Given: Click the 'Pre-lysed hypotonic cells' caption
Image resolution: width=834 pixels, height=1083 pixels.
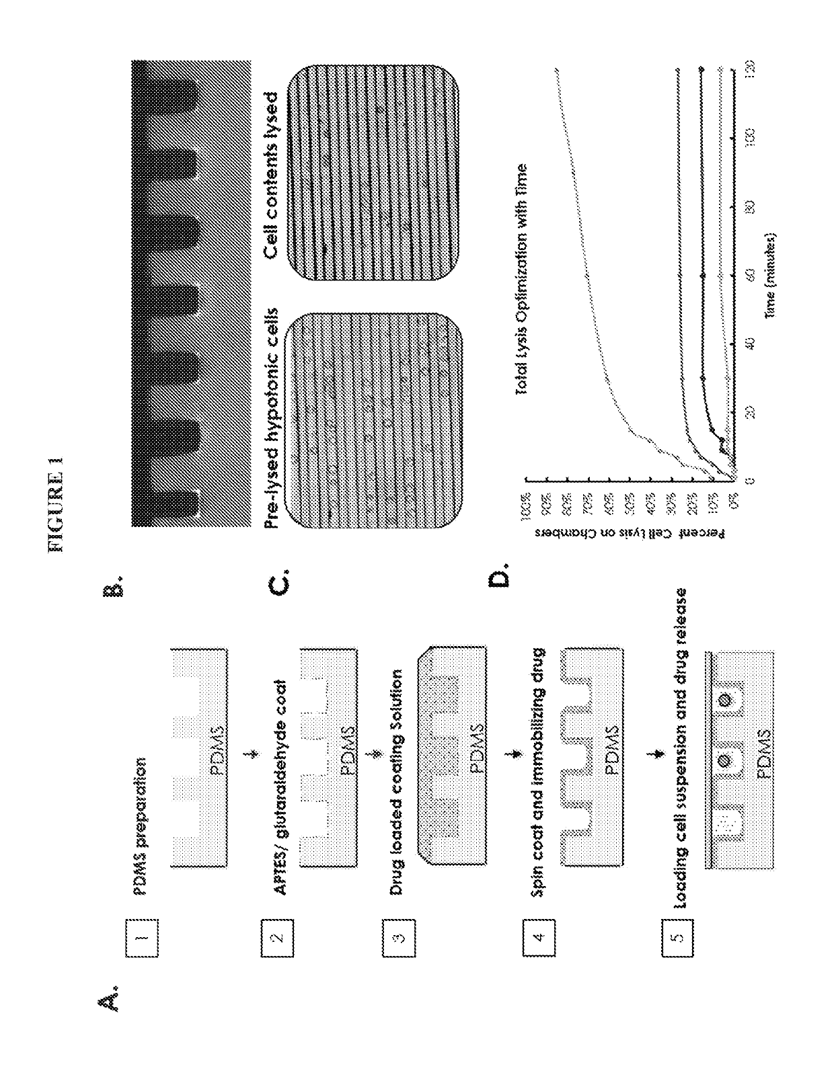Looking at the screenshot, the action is click(x=271, y=419).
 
